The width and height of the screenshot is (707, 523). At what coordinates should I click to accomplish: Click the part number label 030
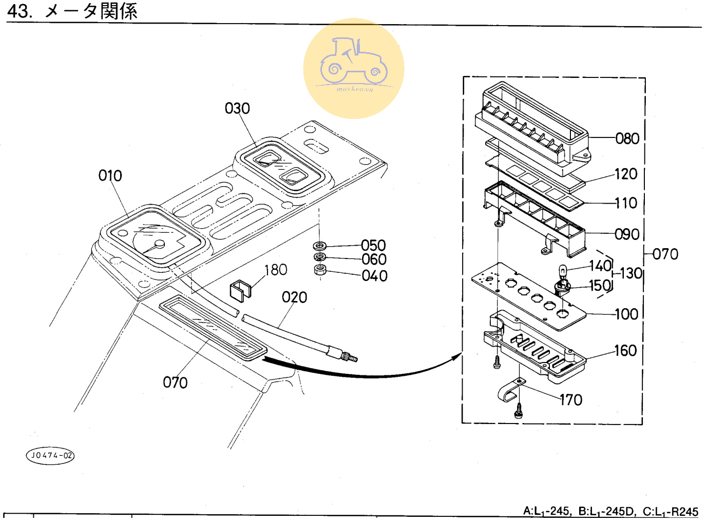click(237, 109)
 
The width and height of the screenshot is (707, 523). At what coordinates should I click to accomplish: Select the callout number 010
click(110, 176)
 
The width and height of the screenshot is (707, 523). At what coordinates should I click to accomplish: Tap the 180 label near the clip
click(276, 270)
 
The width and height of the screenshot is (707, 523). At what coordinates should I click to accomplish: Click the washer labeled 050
click(319, 246)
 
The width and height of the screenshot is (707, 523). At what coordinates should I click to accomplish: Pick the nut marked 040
click(320, 270)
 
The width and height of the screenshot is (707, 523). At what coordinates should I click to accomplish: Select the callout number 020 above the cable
click(294, 297)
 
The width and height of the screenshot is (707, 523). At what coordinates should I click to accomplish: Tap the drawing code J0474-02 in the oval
click(50, 455)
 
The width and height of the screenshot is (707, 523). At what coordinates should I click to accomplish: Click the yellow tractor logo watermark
click(354, 69)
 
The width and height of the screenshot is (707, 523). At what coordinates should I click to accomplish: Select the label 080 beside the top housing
click(627, 138)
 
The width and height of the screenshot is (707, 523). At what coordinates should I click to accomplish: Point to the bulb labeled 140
click(563, 270)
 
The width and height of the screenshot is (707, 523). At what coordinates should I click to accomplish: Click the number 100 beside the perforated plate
click(626, 314)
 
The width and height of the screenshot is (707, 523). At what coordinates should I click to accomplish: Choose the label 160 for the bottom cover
click(625, 351)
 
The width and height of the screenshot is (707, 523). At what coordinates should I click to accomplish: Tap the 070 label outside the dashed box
click(665, 254)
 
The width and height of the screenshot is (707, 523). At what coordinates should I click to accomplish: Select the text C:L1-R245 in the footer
click(671, 512)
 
